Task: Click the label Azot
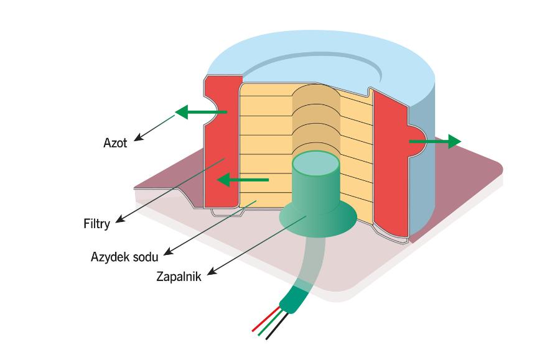(x=114, y=143)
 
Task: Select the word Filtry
(x=96, y=223)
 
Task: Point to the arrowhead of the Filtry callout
(x=118, y=220)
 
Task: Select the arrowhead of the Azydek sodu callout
(x=169, y=252)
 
